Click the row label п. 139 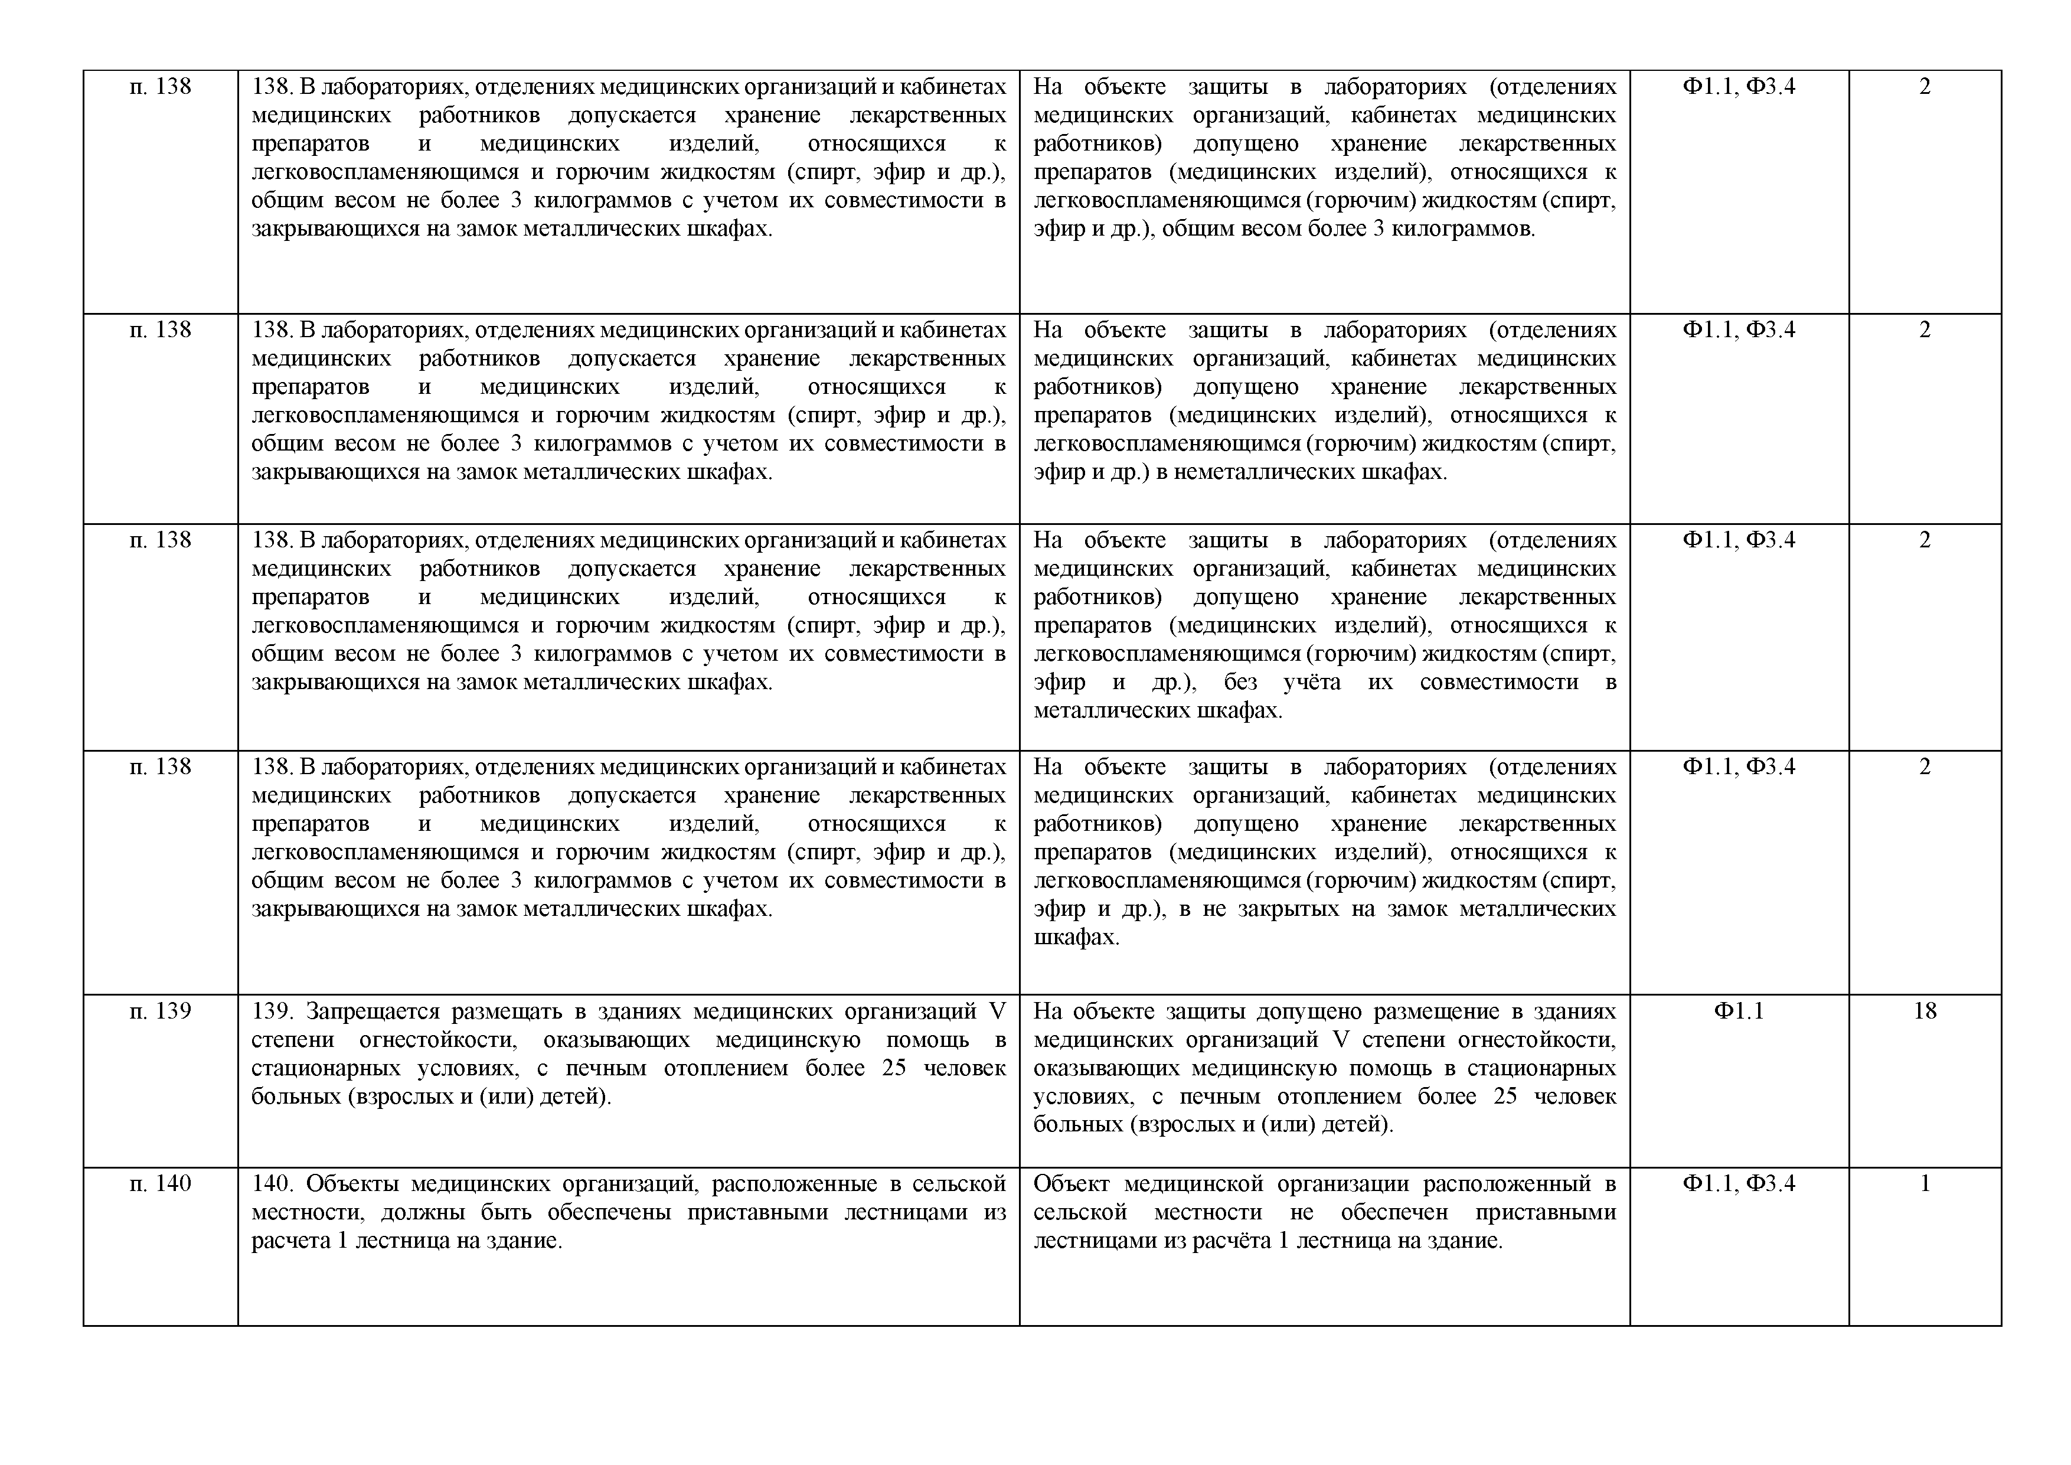(161, 1012)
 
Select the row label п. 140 (161, 1183)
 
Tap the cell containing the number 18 (1924, 1012)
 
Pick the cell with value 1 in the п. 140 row (1924, 1183)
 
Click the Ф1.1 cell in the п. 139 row (1738, 1012)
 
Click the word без (1240, 682)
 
